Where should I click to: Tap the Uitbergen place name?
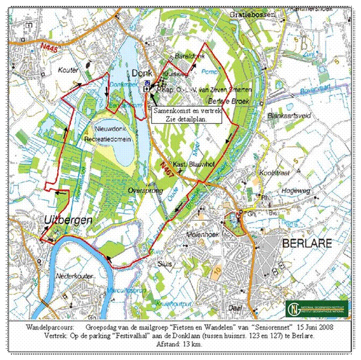[69, 220]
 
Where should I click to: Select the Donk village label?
[142, 73]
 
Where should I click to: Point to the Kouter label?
[69, 70]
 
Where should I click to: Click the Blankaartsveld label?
[291, 116]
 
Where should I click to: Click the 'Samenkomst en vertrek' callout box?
[186, 114]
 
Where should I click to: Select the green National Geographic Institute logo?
[316, 309]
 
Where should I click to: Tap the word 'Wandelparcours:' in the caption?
[48, 328]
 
